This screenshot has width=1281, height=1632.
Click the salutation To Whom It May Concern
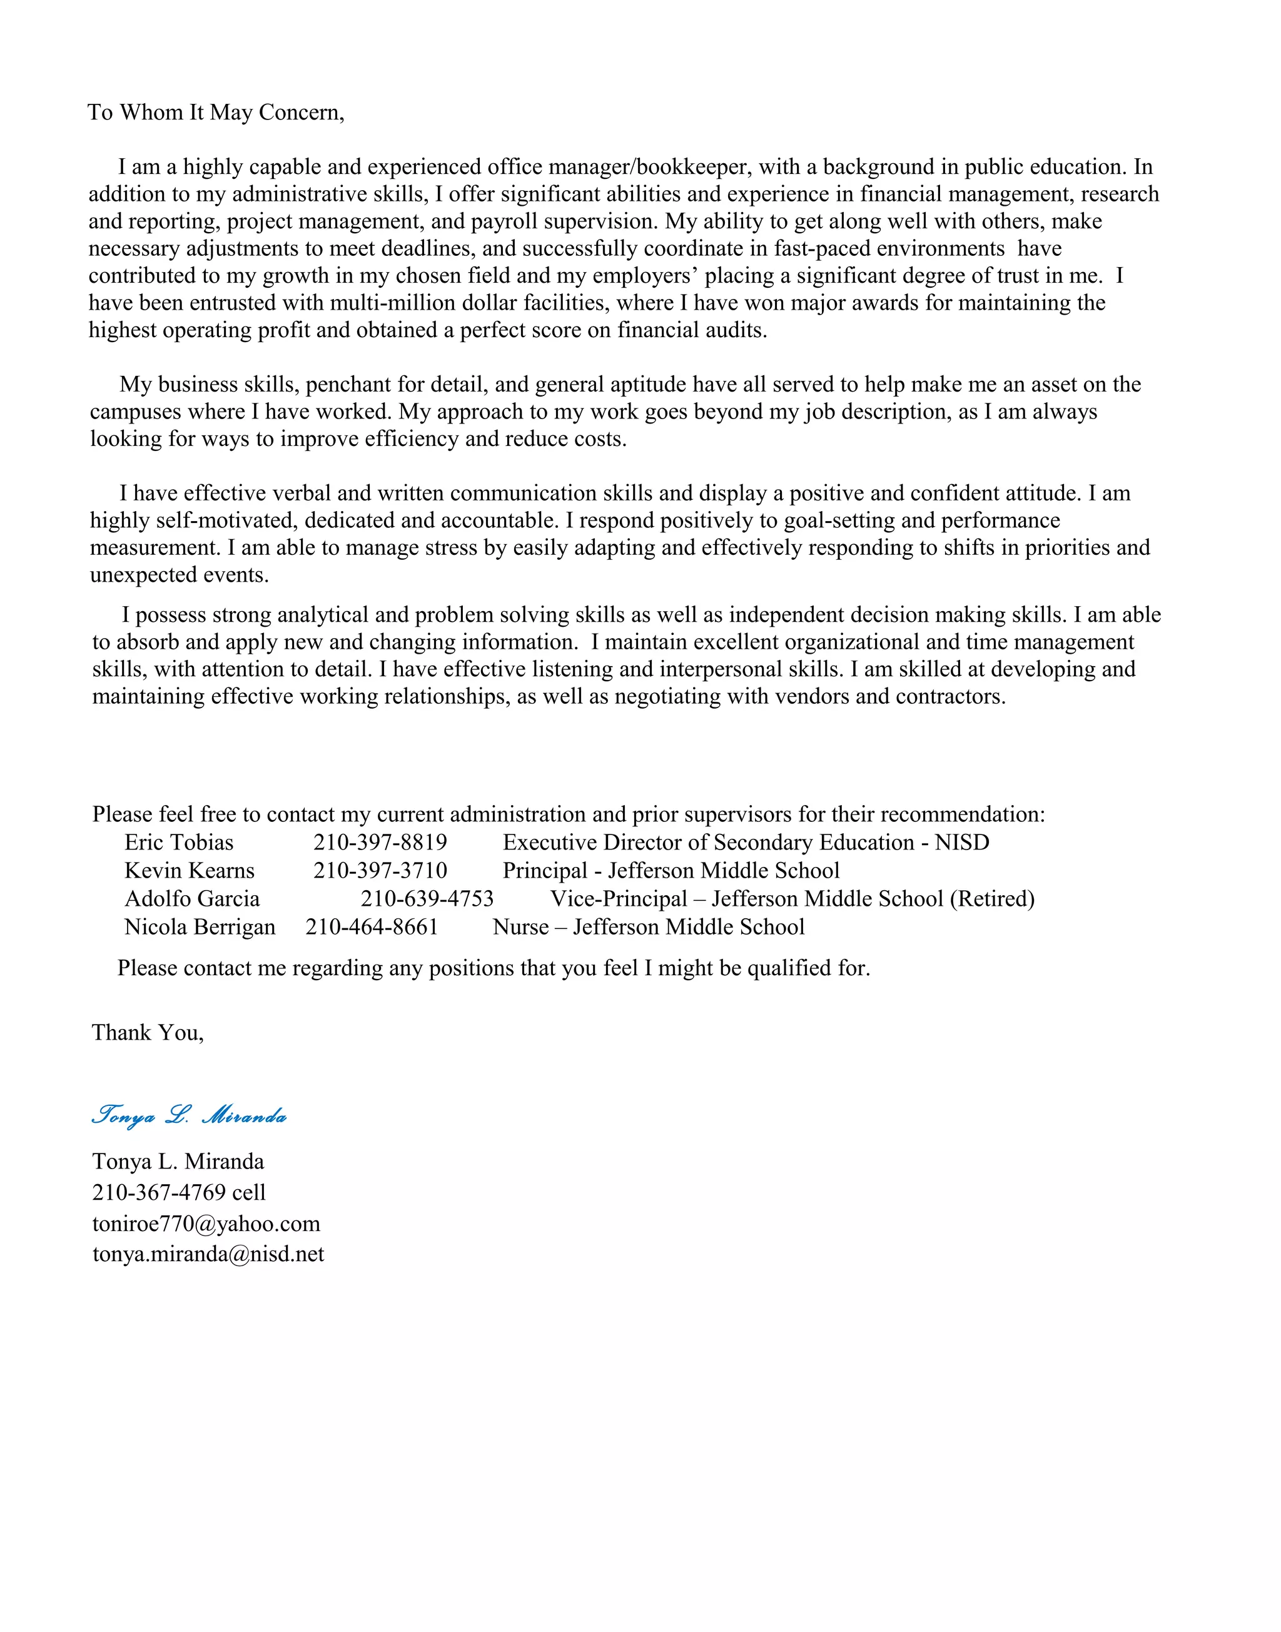point(216,113)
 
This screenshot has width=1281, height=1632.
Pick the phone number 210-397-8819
point(380,843)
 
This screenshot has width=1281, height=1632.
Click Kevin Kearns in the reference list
point(189,871)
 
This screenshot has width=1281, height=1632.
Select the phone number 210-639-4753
point(427,900)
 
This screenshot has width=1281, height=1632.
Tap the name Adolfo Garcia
point(192,900)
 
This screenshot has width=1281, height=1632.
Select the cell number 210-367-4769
point(158,1194)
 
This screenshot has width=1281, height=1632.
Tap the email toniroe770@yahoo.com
point(206,1224)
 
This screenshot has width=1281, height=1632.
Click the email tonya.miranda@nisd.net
point(208,1255)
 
